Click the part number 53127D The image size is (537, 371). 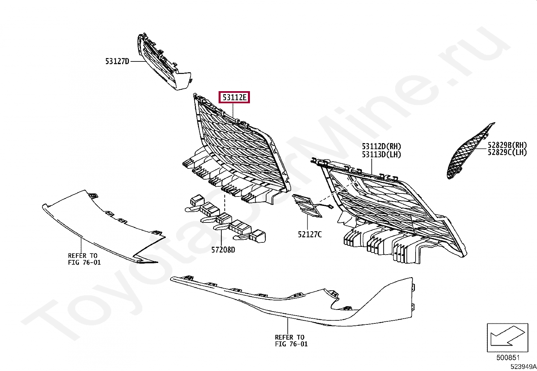117,61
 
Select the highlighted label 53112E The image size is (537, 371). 234,98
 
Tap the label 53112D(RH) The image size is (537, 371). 381,147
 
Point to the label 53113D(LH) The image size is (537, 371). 381,155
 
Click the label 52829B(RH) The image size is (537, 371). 507,145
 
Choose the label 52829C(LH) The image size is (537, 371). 507,153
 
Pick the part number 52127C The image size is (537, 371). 310,234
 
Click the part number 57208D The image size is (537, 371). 223,250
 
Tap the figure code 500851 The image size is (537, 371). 508,357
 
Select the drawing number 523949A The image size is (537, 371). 523,367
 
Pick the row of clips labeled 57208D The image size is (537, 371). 226,219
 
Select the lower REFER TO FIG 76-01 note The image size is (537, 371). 291,340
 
